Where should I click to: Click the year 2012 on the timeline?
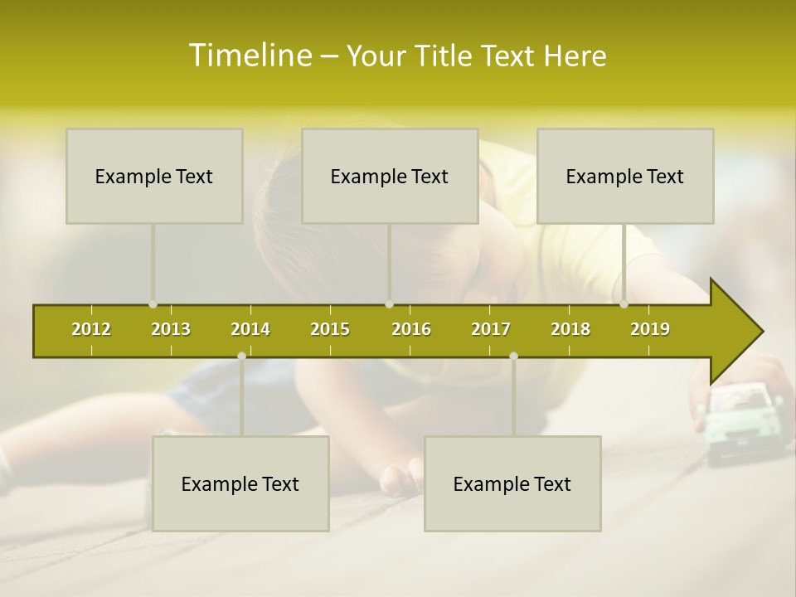pos(91,329)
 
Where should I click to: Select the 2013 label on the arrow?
pos(171,329)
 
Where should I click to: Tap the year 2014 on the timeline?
pos(250,329)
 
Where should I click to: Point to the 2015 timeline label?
pos(330,329)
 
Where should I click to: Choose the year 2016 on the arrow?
pos(411,329)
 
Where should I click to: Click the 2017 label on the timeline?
pos(491,329)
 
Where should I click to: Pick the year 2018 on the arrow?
pos(570,329)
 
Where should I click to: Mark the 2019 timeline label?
pos(650,329)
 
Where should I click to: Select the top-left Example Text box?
pos(154,176)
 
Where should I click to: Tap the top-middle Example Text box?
pos(390,176)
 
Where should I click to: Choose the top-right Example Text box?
pos(625,176)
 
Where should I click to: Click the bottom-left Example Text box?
pos(240,483)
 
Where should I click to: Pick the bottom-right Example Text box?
pos(512,483)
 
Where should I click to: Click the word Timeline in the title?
pos(250,56)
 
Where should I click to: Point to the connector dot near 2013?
pos(153,304)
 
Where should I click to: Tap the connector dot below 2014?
pos(241,356)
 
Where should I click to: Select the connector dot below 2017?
pos(513,356)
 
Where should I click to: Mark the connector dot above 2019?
pos(624,304)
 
